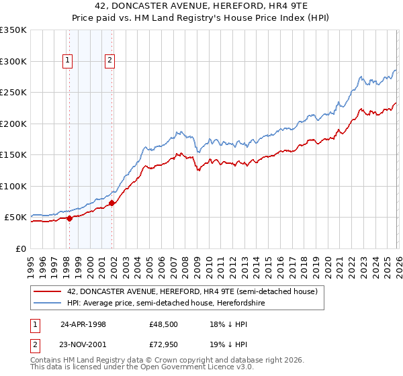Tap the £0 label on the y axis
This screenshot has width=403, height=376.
pos(21,248)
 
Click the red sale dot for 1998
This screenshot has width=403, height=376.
pos(69,218)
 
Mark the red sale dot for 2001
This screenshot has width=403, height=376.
pos(112,203)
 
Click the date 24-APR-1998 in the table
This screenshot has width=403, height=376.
pos(83,324)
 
